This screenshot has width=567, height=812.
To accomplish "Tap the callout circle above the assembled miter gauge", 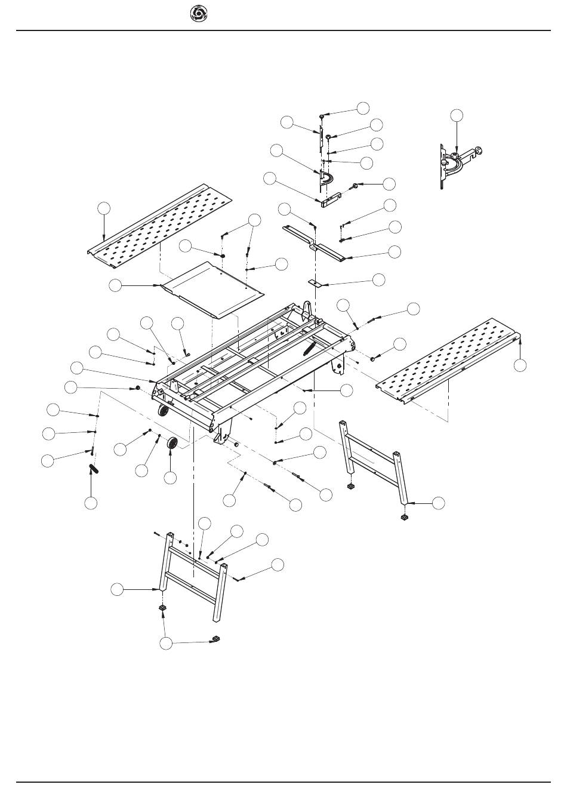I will (x=457, y=115).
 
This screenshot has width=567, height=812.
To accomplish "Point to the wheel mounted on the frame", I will (x=162, y=412).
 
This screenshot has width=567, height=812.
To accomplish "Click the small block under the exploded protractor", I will (x=330, y=199).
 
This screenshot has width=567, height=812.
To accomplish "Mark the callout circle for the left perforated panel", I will (x=104, y=207).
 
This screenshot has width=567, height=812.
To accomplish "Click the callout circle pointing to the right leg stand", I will (x=439, y=503).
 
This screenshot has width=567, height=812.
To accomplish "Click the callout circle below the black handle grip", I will (x=91, y=503).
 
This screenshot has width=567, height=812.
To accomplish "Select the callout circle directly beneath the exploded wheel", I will (x=170, y=478).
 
